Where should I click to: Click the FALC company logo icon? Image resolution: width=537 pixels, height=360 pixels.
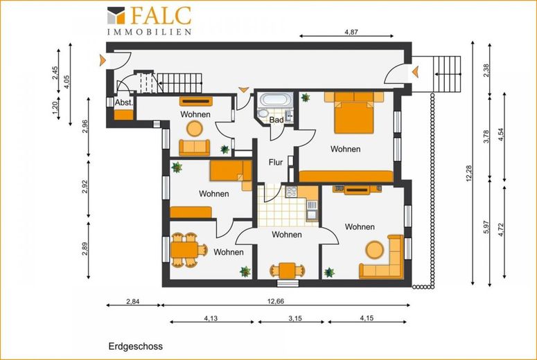point(116,15)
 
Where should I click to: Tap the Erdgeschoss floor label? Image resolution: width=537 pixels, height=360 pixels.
point(136,346)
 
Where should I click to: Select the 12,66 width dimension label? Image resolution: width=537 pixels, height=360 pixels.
point(275,301)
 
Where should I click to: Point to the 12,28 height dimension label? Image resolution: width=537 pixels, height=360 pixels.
point(469,173)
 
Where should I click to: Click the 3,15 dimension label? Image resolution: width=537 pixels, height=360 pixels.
point(295,318)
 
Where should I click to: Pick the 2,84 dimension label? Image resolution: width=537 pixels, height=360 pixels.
point(133,301)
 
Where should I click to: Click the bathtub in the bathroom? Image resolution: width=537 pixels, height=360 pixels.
point(276,100)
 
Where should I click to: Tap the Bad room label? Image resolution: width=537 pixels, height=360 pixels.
point(276,120)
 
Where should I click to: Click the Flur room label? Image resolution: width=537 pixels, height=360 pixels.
point(276,162)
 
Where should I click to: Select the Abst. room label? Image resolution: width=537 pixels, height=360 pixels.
point(124,102)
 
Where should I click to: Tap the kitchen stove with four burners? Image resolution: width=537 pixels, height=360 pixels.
point(292,192)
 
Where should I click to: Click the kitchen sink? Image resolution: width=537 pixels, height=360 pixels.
point(312,210)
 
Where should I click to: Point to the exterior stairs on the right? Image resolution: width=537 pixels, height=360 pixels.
point(447,74)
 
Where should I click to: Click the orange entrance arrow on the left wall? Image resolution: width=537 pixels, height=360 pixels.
point(102,60)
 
